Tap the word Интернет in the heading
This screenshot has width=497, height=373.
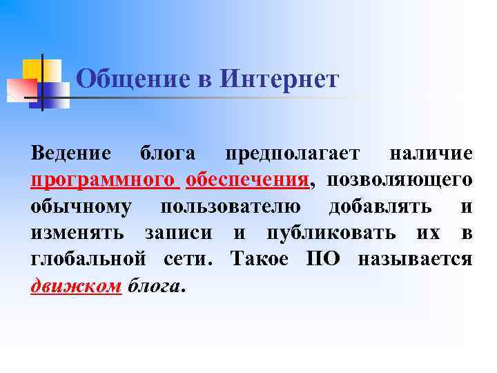[x=280, y=79]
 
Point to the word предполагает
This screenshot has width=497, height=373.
[x=289, y=153]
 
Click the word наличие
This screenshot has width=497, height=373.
[x=431, y=153]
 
